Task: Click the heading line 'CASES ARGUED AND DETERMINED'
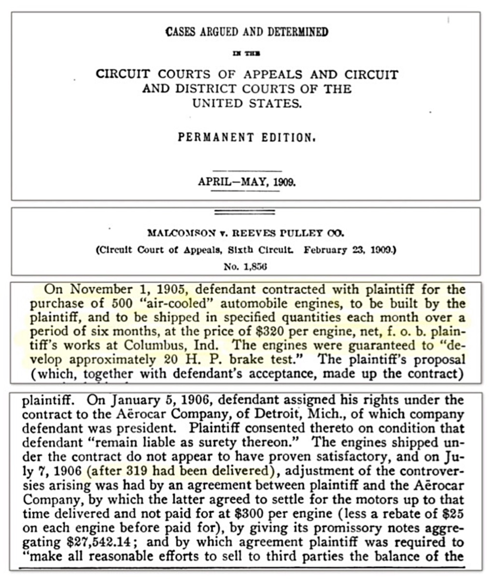point(247,32)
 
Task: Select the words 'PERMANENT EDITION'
point(246,137)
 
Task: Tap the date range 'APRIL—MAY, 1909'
point(247,182)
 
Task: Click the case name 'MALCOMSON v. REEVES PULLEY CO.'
point(246,233)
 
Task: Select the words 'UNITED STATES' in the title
point(246,103)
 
